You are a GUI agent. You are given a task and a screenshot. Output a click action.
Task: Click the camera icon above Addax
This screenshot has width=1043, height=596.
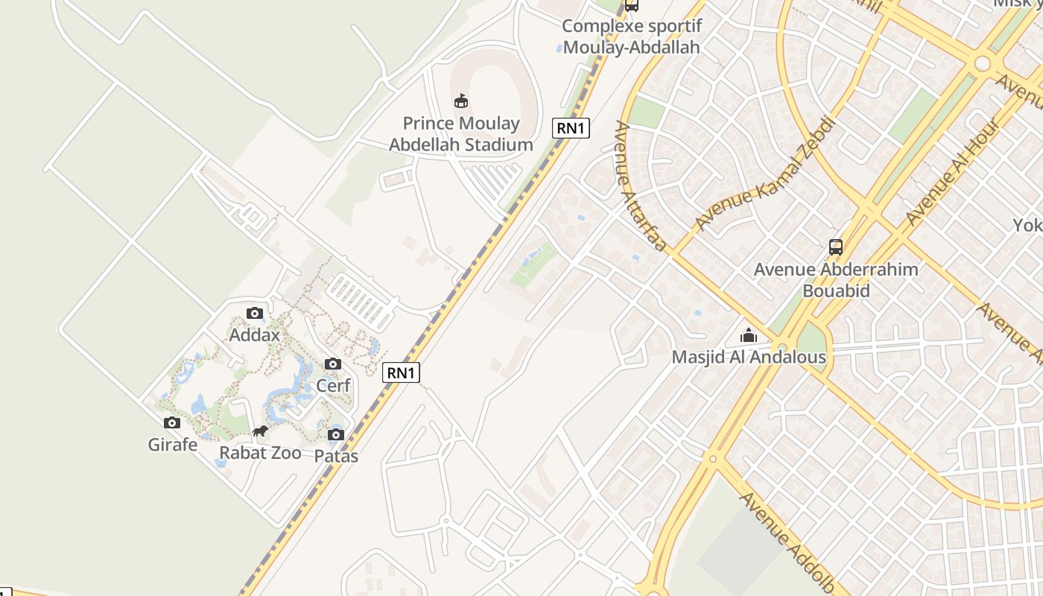click(x=255, y=314)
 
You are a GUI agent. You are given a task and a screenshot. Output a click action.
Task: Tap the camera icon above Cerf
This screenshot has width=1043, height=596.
click(x=333, y=364)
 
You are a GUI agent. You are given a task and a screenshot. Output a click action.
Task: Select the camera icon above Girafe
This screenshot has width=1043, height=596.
click(x=172, y=423)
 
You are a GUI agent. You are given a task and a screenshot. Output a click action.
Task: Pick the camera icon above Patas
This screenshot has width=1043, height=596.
click(x=336, y=435)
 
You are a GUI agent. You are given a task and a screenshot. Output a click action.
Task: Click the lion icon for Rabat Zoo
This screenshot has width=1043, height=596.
click(x=260, y=431)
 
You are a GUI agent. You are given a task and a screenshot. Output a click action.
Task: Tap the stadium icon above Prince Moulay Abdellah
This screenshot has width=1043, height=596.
click(x=461, y=101)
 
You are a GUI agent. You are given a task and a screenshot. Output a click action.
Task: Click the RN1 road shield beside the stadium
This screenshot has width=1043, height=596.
click(x=571, y=128)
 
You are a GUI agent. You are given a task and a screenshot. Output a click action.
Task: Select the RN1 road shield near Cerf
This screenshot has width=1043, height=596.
click(x=401, y=372)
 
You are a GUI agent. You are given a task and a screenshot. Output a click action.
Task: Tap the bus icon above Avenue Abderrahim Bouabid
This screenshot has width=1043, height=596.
click(x=836, y=247)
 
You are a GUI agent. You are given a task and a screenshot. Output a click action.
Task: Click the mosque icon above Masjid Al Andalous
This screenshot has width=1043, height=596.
click(x=749, y=336)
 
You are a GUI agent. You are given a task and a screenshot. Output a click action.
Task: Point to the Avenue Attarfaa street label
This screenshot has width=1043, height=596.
click(x=639, y=186)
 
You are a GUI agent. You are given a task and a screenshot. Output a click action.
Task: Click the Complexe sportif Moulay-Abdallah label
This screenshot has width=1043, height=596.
click(x=631, y=37)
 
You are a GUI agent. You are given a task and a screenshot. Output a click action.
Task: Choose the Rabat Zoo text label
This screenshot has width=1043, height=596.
click(x=260, y=453)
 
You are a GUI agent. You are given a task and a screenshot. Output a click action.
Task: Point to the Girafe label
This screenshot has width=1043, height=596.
click(x=173, y=445)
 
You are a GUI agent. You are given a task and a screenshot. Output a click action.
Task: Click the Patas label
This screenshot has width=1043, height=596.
click(x=336, y=456)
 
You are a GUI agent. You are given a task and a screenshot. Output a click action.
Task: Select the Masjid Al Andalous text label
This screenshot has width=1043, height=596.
click(x=749, y=357)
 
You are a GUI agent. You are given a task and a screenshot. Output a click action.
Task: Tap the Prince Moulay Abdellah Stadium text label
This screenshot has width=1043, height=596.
click(x=461, y=134)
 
